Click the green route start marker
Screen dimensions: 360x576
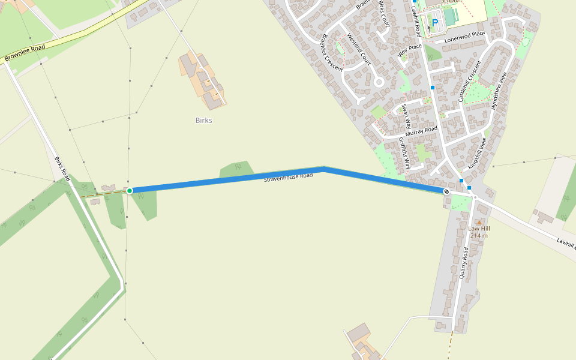pyautogui.click(x=130, y=191)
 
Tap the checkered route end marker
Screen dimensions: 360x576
pyautogui.click(x=446, y=191)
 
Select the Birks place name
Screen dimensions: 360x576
pyautogui.click(x=204, y=120)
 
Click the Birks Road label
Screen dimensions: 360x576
pyautogui.click(x=63, y=169)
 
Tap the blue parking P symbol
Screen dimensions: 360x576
pyautogui.click(x=435, y=23)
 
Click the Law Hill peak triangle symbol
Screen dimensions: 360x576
pyautogui.click(x=479, y=223)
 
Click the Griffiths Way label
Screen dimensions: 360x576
pyautogui.click(x=404, y=152)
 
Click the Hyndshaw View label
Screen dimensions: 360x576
pyautogui.click(x=499, y=90)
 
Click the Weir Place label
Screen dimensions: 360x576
pyautogui.click(x=410, y=50)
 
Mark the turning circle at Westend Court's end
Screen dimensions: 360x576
pyautogui.click(x=379, y=82)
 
